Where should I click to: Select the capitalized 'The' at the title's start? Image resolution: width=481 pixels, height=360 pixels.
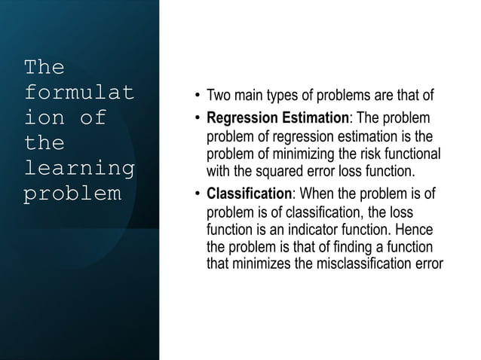click(x=44, y=68)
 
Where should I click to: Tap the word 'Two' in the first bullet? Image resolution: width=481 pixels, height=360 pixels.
click(x=219, y=97)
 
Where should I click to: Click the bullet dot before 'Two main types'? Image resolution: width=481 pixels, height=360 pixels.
click(x=197, y=98)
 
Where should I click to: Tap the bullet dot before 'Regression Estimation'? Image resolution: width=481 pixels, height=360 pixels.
click(x=197, y=119)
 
